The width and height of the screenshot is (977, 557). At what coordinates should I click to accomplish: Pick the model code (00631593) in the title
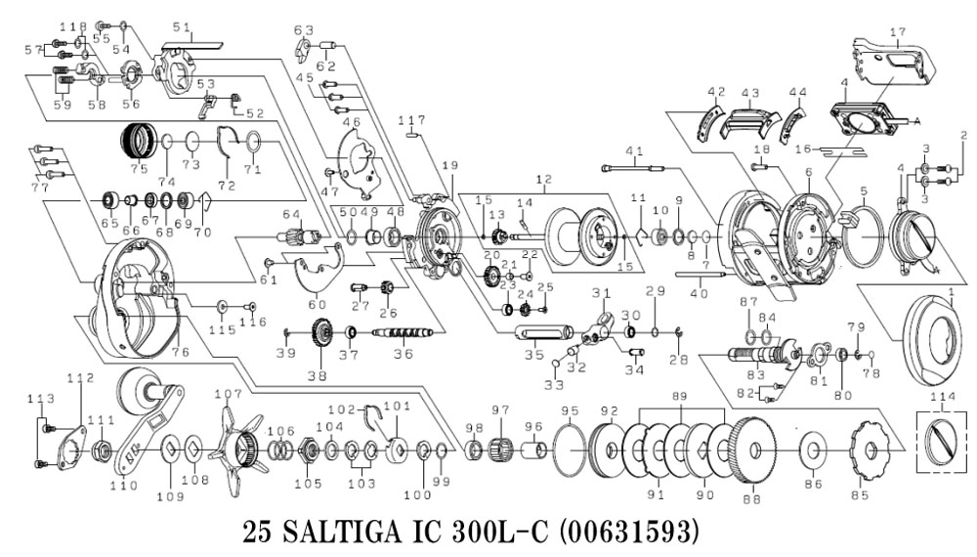point(612,534)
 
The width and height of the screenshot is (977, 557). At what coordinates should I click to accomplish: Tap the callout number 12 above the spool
point(543,180)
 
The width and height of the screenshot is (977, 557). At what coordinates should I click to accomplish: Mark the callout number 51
point(179,27)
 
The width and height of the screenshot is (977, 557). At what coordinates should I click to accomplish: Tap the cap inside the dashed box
point(940,436)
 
